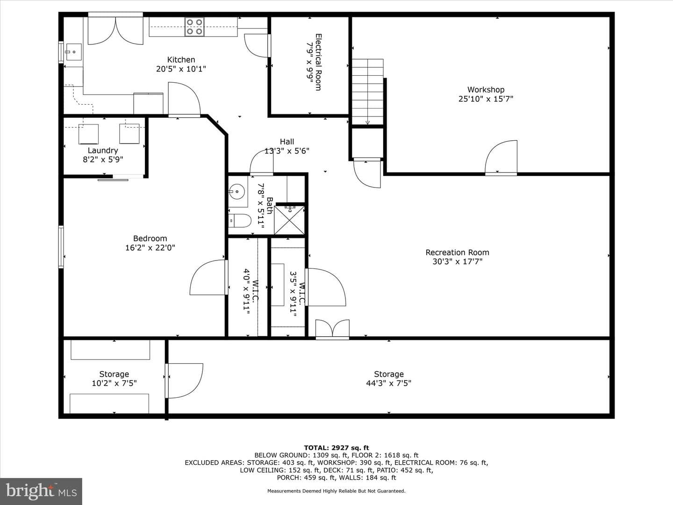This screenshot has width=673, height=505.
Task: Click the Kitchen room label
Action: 181,59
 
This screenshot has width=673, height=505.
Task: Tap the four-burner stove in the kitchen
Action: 194,27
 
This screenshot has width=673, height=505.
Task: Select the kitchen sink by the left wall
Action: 73,52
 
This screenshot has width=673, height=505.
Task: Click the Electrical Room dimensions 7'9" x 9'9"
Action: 309,62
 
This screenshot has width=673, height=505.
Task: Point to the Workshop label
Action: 486,89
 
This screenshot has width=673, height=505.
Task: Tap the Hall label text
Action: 286,142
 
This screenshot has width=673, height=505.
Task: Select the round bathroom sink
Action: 236,192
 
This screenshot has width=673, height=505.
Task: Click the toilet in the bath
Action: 240,220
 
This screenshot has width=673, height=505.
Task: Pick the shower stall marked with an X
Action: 289,220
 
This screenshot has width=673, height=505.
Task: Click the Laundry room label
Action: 103,150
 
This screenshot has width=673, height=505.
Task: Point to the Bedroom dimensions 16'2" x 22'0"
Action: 150,247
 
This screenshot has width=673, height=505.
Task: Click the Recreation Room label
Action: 457,252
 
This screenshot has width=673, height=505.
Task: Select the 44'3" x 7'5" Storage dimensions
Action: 388,383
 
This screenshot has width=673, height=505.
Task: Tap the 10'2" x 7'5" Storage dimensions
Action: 114,383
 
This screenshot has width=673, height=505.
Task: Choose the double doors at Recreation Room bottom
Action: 332,329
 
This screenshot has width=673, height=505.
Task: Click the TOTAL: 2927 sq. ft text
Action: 336,447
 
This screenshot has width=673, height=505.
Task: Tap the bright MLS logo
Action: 41,491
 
